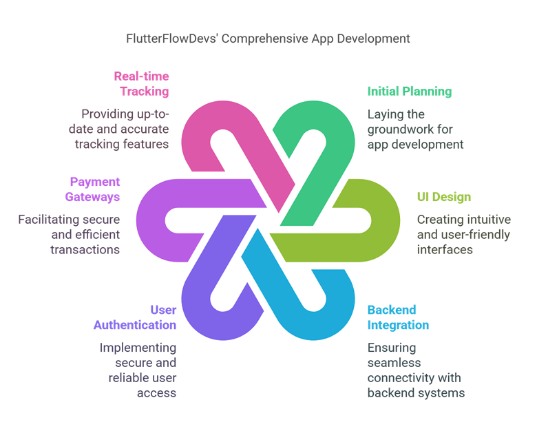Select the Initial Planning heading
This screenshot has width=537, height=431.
pos(409,91)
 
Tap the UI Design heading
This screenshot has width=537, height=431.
pos(443,198)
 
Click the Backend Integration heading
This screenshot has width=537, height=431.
pos(398,317)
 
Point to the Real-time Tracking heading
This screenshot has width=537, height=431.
pos(142,83)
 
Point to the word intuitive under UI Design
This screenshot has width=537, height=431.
pos(486,220)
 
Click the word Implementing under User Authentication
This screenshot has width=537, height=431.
pos(138,348)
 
